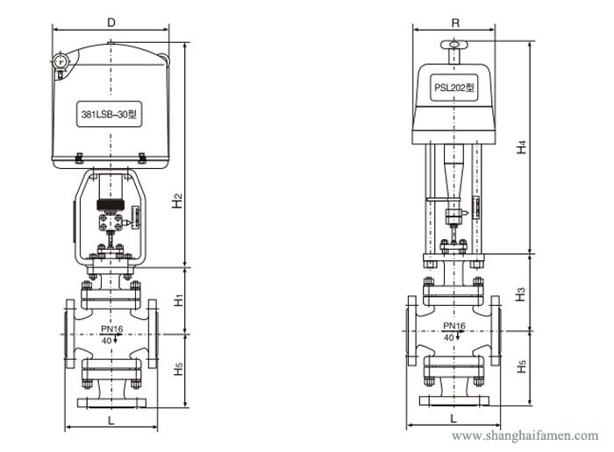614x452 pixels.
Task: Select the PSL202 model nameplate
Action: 453,88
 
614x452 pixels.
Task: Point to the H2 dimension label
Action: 176,201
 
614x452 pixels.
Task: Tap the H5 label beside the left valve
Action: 176,369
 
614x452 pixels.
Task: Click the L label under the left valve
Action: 110,419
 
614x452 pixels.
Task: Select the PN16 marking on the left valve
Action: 111,329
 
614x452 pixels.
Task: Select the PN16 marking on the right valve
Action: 454,326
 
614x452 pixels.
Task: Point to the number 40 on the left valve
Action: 106,340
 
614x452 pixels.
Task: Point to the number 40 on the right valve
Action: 448,336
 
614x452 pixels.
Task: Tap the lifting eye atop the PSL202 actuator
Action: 453,46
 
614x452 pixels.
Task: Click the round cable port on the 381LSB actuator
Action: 60,61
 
